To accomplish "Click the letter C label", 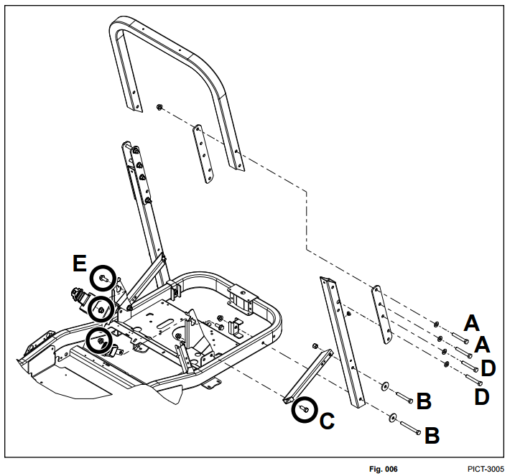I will pyautogui.click(x=326, y=421).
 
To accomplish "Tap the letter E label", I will pyautogui.click(x=80, y=264).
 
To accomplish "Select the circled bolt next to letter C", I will pyautogui.click(x=304, y=409).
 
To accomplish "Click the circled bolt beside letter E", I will pyautogui.click(x=103, y=277).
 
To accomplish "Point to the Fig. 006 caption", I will pyautogui.click(x=384, y=469).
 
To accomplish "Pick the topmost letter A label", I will pyautogui.click(x=471, y=321).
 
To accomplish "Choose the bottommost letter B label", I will pyautogui.click(x=432, y=435).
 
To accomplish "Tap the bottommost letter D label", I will pyautogui.click(x=481, y=396).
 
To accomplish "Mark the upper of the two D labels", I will pyautogui.click(x=488, y=369).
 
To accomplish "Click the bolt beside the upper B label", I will pyautogui.click(x=401, y=394).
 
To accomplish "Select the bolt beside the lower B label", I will pyautogui.click(x=409, y=426).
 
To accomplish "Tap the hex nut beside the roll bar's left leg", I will pyautogui.click(x=159, y=108).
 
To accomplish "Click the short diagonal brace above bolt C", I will pyautogui.click(x=307, y=373).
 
